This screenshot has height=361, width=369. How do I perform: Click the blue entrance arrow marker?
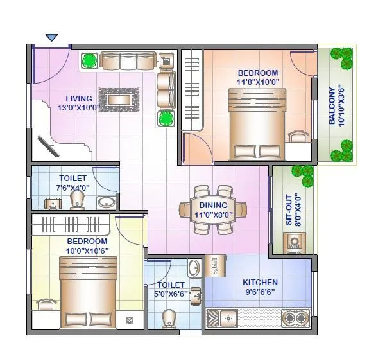coord(52,38)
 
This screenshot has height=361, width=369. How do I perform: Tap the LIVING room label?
coord(79,99)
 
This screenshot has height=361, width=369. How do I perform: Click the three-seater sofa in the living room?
coord(127,61)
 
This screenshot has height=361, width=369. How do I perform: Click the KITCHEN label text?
coord(260,282)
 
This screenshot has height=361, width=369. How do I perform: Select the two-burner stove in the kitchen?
coord(296,317)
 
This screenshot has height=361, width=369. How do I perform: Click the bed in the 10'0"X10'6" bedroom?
coord(87,292)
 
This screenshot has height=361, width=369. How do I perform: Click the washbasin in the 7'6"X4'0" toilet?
coord(107,203)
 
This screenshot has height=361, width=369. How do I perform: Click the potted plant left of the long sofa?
coord(89,61)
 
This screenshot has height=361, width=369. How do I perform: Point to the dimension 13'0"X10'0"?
coord(79,107)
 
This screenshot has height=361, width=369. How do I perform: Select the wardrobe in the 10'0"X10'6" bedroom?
coord(73,225)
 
